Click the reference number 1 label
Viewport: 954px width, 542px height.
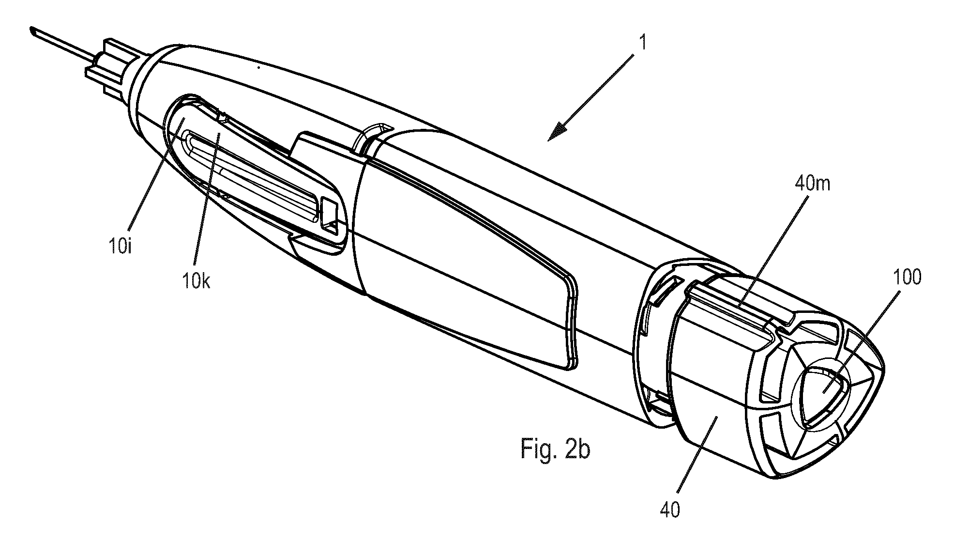pos(642,43)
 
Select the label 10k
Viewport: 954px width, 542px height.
pos(197,279)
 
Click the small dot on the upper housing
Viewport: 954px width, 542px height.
pos(258,68)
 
